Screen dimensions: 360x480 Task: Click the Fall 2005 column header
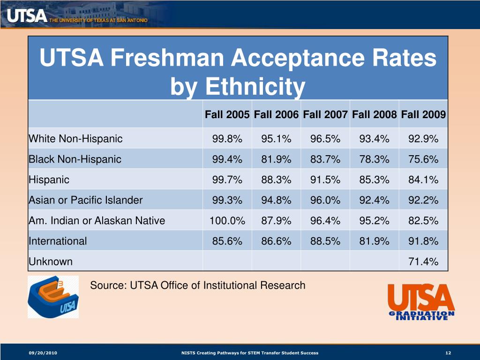coord(227,115)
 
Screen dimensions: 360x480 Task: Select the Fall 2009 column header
coord(423,115)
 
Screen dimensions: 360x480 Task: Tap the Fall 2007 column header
coord(325,115)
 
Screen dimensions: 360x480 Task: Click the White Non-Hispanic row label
coord(75,139)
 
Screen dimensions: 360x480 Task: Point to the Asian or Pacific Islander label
coord(85,200)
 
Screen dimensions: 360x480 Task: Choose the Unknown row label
coord(51,262)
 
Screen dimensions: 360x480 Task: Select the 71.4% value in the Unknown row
coord(423,262)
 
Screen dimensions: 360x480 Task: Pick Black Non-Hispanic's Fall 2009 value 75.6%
coord(423,159)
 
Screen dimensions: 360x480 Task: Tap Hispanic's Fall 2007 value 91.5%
coord(325,180)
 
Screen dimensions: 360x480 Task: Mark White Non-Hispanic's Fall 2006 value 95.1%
coord(277,139)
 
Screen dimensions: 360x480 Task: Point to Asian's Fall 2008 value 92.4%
coord(375,200)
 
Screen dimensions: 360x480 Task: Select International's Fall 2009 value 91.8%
coord(423,241)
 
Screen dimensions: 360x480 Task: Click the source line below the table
coord(197,285)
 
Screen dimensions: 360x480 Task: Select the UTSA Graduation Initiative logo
coord(420,302)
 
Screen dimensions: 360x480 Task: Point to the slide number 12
coord(448,352)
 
